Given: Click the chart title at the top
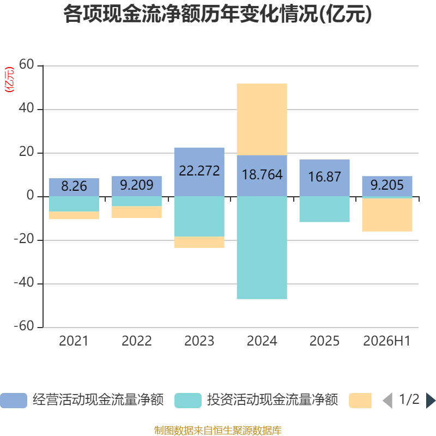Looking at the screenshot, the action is click(x=217, y=14).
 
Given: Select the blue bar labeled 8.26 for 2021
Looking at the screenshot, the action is click(x=74, y=187).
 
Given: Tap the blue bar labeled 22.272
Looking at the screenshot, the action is click(x=199, y=172).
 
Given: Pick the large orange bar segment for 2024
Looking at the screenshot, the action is click(x=262, y=119).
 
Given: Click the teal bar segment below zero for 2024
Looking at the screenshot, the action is click(x=262, y=248).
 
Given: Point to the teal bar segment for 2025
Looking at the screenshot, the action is click(x=324, y=209).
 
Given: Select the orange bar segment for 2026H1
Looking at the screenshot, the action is click(x=387, y=215).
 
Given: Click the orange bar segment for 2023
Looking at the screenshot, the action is click(x=199, y=242).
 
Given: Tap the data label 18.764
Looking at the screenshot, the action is click(x=262, y=175).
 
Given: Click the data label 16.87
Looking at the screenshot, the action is click(x=324, y=177).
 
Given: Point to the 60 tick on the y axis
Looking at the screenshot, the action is click(x=26, y=64).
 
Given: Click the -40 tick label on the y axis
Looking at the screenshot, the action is click(x=24, y=282).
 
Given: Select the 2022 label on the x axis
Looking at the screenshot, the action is click(x=137, y=341).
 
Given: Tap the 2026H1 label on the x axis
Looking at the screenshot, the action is click(x=387, y=341).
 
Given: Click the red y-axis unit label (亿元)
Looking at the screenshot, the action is click(x=9, y=80).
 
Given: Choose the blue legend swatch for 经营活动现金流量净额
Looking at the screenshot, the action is click(x=14, y=401).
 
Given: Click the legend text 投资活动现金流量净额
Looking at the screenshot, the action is click(x=272, y=400).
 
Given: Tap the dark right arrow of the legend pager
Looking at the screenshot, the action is click(x=431, y=401).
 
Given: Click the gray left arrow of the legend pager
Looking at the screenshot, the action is click(x=387, y=401).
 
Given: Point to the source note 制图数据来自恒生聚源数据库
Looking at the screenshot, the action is click(x=217, y=431).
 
